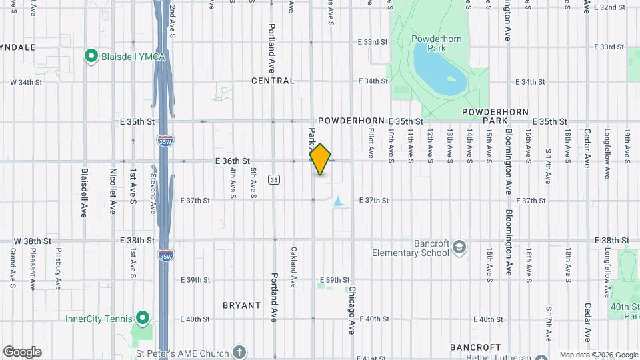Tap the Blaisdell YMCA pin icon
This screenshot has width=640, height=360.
pyautogui.click(x=91, y=56)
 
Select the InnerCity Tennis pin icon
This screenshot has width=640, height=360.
pyautogui.click(x=141, y=317)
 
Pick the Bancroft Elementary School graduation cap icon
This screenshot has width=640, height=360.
pyautogui.click(x=459, y=248)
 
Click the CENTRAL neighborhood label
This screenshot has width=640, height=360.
pyautogui.click(x=273, y=81)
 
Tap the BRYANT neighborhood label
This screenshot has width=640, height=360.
pyautogui.click(x=241, y=305)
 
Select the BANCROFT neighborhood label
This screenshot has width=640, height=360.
pyautogui.click(x=475, y=347)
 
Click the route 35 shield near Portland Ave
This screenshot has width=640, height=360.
pyautogui.click(x=273, y=180)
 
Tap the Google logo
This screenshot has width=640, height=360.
pyautogui.click(x=22, y=352)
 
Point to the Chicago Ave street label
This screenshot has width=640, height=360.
pyautogui.click(x=352, y=310)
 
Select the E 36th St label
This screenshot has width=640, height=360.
pyautogui.click(x=232, y=161)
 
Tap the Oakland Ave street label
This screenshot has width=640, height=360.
pyautogui.click(x=293, y=267)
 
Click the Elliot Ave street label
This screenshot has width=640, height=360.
pyautogui.click(x=371, y=145)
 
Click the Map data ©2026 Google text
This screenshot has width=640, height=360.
pyautogui.click(x=598, y=355)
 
